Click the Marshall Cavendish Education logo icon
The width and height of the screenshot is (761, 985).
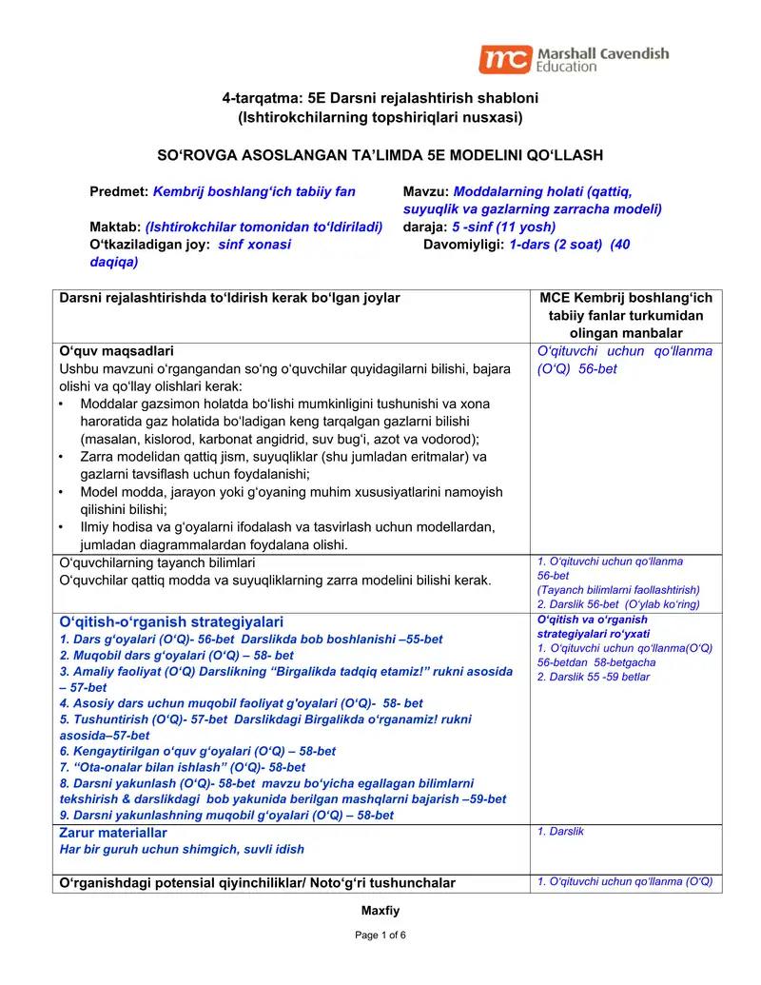[504, 60]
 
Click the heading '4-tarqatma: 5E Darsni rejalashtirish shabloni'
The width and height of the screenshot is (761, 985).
[380, 98]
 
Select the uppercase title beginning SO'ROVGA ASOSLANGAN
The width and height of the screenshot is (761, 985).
[380, 154]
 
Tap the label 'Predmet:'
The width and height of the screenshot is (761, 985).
[119, 191]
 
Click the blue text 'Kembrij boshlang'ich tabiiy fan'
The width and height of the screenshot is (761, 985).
[254, 191]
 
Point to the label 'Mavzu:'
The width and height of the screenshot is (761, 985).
[426, 191]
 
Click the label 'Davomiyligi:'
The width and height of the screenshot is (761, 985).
[464, 244]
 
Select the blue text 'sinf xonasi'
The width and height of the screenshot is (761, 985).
[255, 244]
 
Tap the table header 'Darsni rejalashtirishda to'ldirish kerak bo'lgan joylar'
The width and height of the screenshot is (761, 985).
[229, 298]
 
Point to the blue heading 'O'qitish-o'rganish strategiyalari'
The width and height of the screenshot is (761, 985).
[171, 622]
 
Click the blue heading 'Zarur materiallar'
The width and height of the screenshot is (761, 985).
[113, 833]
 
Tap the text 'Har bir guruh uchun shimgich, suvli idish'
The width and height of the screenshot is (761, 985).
[182, 849]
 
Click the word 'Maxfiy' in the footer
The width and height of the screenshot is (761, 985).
[380, 911]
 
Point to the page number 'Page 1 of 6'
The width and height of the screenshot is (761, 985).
[380, 936]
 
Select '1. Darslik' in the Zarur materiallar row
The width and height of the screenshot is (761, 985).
[560, 832]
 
